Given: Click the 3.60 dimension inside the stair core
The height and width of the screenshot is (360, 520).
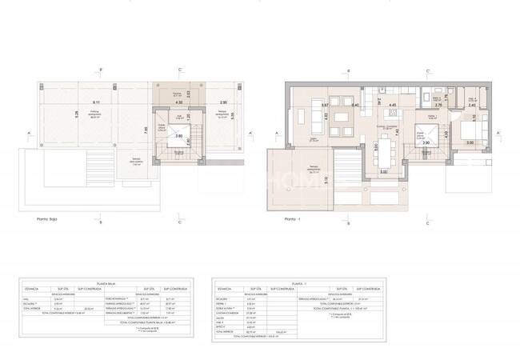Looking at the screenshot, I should [179, 137].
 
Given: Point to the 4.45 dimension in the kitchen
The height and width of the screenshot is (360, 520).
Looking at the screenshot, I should [393, 105].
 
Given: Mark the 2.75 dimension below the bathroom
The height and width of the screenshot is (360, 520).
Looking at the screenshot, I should [438, 105].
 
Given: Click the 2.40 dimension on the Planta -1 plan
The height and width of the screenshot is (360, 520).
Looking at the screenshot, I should [472, 105].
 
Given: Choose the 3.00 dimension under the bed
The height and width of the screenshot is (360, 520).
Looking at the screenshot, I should [470, 143].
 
